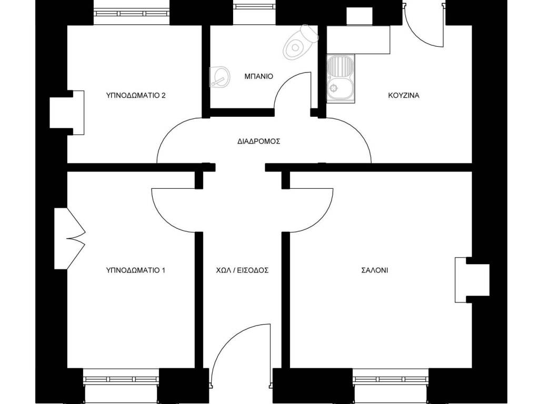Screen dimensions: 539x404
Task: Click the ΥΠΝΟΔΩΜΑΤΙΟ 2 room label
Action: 136,95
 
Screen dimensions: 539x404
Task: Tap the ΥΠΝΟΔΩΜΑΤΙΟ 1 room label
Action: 136,270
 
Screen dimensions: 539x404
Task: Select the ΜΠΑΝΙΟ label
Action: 259,76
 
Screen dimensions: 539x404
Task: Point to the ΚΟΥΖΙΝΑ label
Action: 404,95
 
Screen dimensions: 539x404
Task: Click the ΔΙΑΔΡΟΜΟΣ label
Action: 259,141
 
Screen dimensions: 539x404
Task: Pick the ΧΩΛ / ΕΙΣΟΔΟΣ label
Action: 242,270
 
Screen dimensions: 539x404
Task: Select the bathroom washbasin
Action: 219,76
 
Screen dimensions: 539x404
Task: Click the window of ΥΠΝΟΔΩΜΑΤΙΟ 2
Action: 132,14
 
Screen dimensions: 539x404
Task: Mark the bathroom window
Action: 254,6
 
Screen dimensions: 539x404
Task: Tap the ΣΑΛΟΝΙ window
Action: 391,379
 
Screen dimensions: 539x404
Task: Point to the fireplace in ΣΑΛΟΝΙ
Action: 472,280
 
